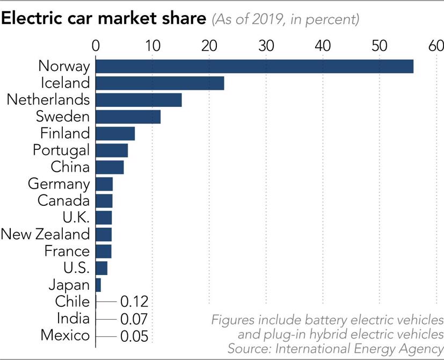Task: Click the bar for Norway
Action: [x=254, y=66]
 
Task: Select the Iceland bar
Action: [x=160, y=83]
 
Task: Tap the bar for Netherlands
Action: [x=139, y=100]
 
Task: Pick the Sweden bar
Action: [x=128, y=117]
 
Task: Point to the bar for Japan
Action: [x=98, y=284]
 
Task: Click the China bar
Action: [x=110, y=167]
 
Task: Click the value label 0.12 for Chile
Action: [x=134, y=301]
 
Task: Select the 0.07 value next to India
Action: [x=134, y=319]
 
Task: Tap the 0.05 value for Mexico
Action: [x=134, y=336]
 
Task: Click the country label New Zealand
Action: [x=45, y=234]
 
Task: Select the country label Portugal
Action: [x=61, y=150]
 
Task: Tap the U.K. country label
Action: [x=76, y=217]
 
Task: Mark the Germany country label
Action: [x=59, y=184]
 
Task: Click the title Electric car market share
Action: [x=104, y=19]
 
